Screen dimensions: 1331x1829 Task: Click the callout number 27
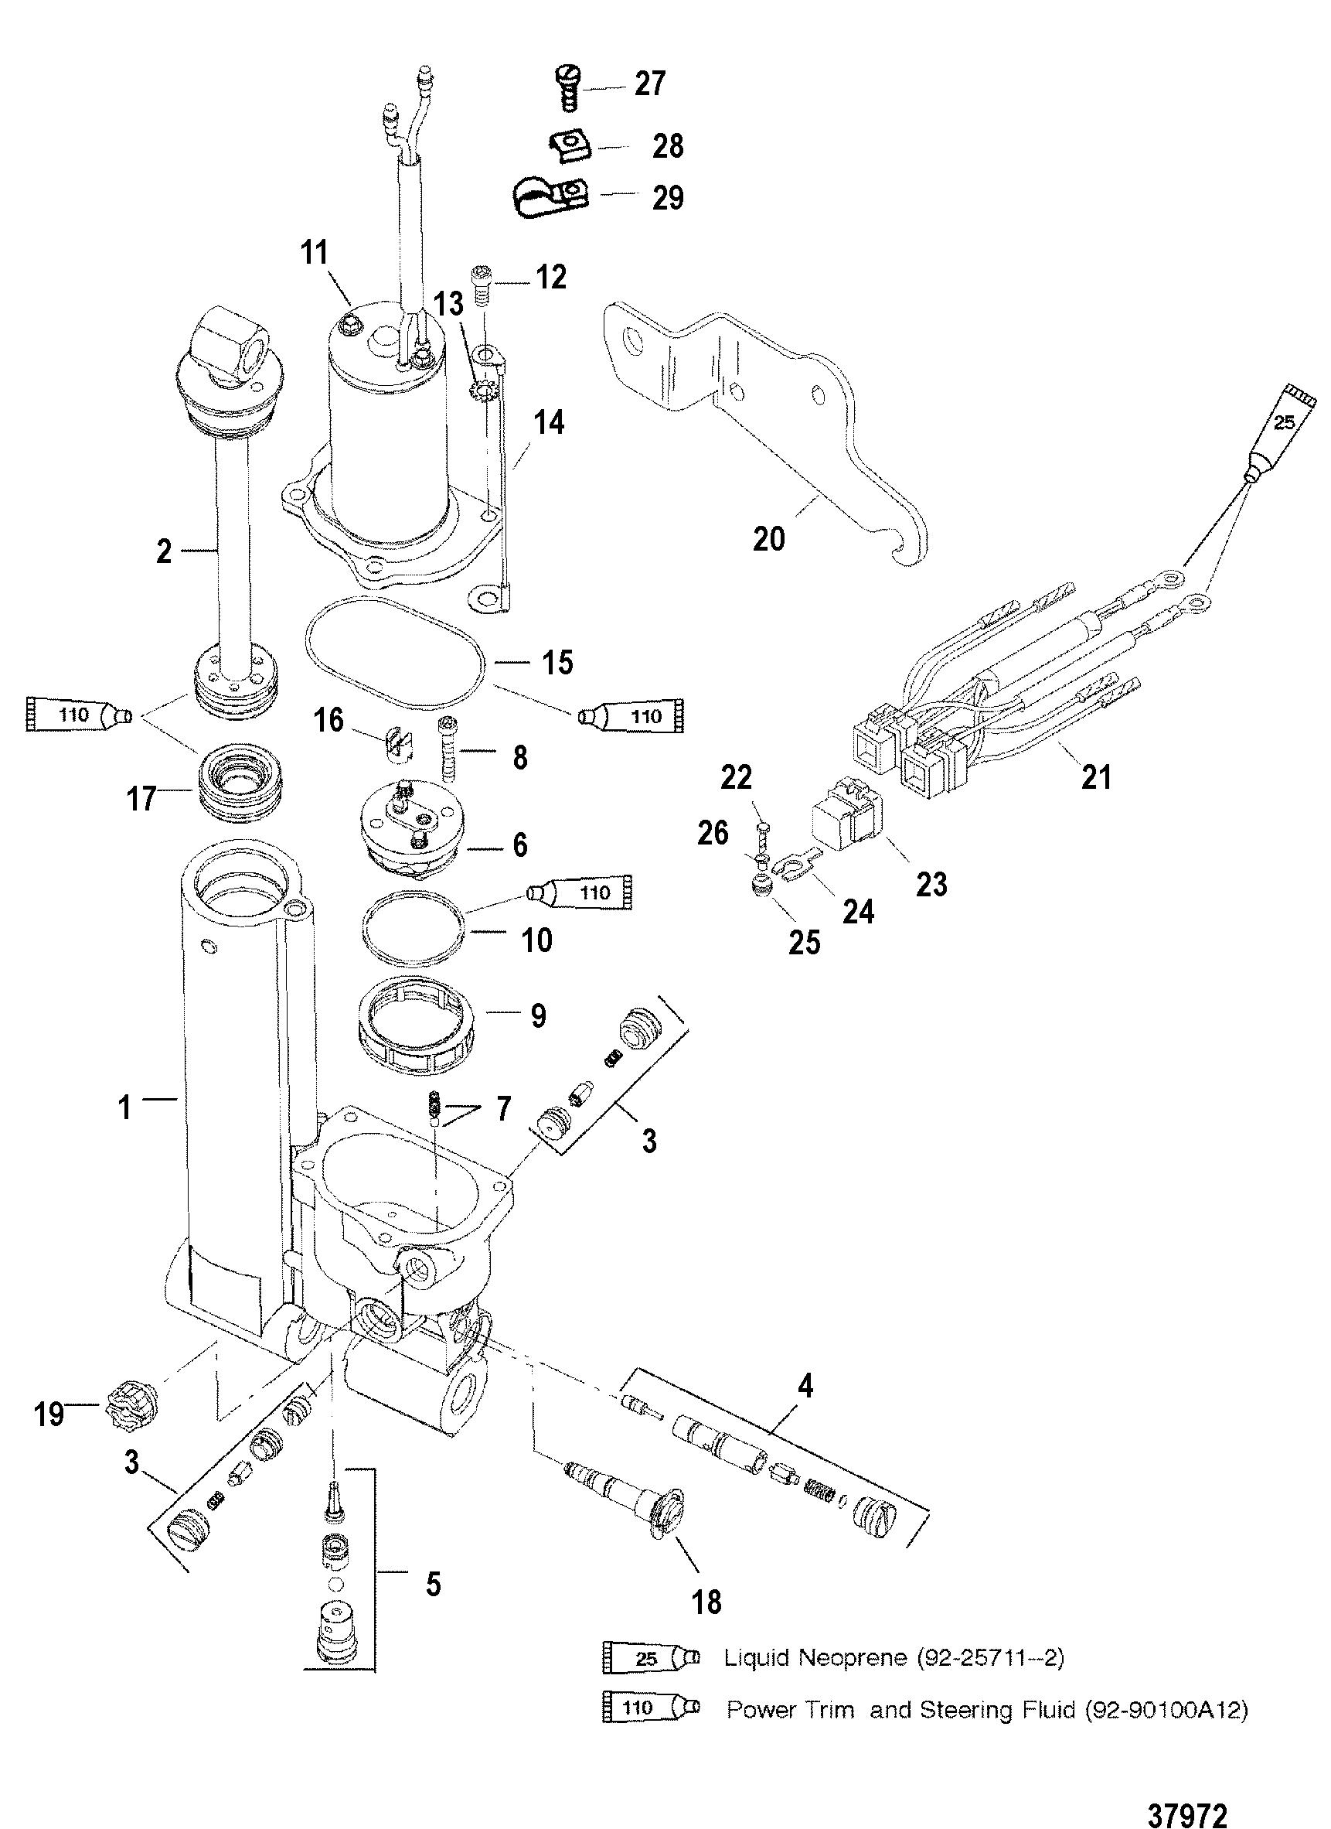click(650, 84)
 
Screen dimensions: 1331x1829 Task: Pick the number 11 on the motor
click(315, 252)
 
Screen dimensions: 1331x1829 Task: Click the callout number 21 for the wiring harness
click(1095, 776)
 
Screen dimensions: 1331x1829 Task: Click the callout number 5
click(434, 1584)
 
